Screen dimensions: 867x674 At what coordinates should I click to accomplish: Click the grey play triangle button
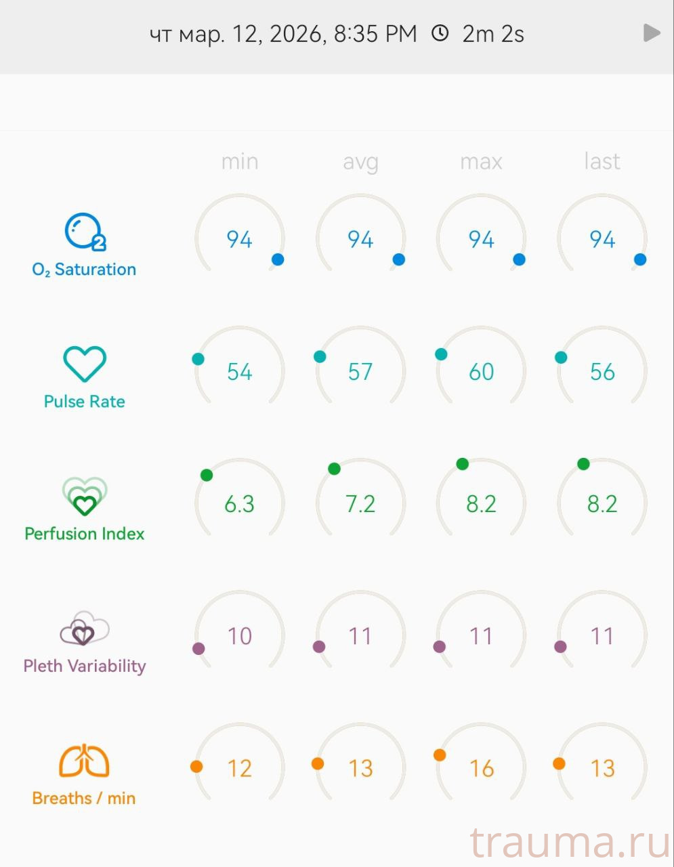tap(652, 33)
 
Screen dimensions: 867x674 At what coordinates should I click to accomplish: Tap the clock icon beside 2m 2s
tap(440, 33)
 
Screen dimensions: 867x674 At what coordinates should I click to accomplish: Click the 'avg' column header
tap(360, 162)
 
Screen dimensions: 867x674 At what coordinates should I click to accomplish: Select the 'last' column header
tap(602, 162)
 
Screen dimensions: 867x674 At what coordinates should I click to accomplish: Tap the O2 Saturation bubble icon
tap(85, 232)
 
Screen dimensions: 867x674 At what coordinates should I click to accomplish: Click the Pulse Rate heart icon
tap(85, 364)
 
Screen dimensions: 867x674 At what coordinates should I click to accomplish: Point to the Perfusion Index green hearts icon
tap(85, 496)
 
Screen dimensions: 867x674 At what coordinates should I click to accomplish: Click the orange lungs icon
tap(84, 761)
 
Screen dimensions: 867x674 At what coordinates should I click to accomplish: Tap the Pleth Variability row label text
tap(85, 666)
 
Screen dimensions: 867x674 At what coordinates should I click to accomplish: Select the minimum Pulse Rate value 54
tap(240, 372)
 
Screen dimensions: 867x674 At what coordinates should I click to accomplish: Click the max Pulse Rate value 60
tap(482, 372)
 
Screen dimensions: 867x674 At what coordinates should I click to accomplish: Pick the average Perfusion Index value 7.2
tap(360, 504)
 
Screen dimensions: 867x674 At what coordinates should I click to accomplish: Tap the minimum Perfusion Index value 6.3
tap(240, 504)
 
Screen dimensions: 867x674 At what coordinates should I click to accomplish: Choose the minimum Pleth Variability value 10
tap(240, 636)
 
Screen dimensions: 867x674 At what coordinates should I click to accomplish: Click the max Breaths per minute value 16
tap(482, 768)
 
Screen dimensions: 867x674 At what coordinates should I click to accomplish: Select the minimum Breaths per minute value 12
tap(240, 768)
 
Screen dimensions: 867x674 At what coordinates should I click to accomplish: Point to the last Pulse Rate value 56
tap(602, 372)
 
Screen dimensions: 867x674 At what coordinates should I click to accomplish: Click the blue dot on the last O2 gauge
tap(640, 259)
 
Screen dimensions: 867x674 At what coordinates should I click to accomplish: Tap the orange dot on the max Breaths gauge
tap(440, 755)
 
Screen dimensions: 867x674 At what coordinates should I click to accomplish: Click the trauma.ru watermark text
tap(570, 843)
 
